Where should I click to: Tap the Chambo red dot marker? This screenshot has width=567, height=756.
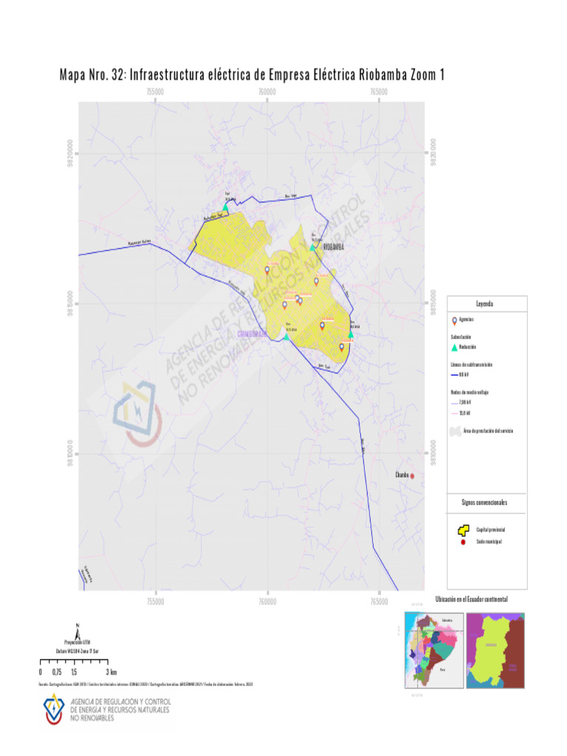[413, 476]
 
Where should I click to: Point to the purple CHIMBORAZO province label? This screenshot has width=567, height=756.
[251, 334]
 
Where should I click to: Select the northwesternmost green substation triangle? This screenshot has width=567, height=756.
[227, 207]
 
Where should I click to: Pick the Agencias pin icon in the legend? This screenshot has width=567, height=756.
[453, 320]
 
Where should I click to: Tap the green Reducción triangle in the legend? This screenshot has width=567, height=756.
[454, 347]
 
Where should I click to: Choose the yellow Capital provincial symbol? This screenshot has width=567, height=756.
[463, 530]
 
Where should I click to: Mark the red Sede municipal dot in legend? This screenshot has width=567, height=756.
[462, 543]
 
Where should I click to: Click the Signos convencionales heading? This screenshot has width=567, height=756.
[484, 503]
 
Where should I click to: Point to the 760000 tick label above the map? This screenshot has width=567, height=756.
[267, 92]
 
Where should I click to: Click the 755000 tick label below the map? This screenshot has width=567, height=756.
[155, 601]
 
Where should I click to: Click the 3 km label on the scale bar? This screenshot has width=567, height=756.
[112, 673]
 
